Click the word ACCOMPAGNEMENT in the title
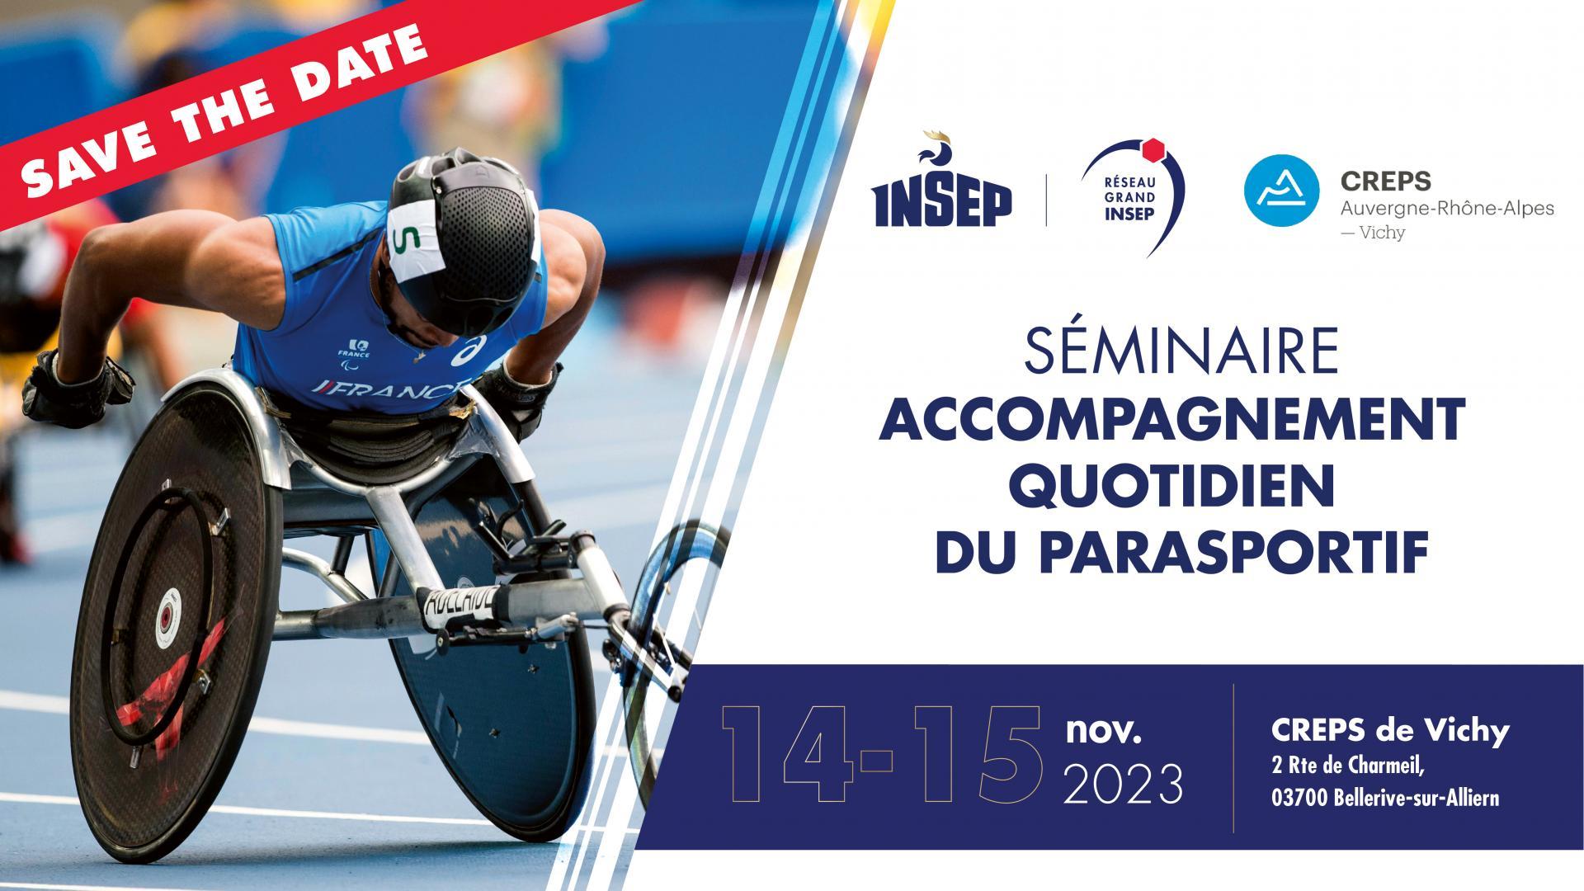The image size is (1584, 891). click(x=1171, y=419)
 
